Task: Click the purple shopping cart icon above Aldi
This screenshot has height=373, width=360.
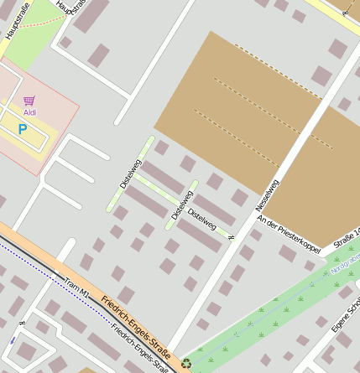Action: tap(29, 101)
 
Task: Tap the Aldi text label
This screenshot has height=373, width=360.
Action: tap(29, 111)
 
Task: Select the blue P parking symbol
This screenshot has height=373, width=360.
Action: tap(23, 130)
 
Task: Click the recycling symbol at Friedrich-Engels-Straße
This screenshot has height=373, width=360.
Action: tap(185, 363)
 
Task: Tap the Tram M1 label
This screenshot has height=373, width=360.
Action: tap(76, 287)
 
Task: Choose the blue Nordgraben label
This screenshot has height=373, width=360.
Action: tap(346, 263)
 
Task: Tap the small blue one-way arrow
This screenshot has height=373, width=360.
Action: tap(13, 340)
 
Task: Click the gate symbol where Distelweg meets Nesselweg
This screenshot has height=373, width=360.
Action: tap(231, 239)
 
